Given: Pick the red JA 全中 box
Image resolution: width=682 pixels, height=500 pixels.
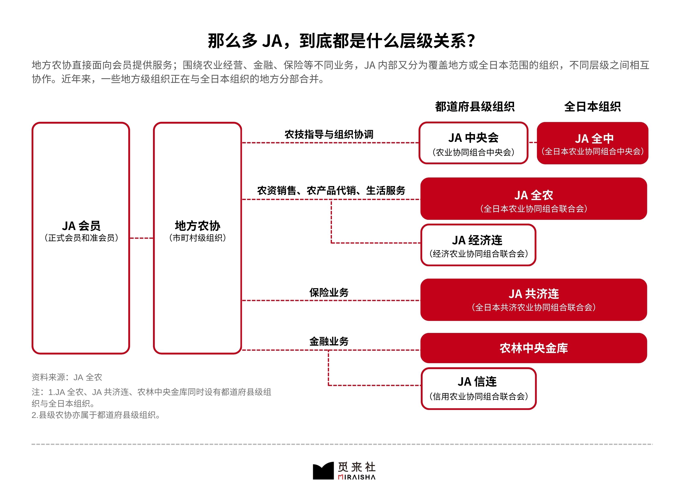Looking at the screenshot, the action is click(592, 143).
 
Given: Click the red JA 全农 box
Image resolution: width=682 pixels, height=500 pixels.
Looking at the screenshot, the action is click(534, 199).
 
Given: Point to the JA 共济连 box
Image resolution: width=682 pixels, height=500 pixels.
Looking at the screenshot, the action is click(534, 300).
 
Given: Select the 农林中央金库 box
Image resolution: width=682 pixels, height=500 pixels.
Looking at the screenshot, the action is click(534, 348).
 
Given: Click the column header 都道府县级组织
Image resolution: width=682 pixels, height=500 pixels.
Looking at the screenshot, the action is click(475, 107).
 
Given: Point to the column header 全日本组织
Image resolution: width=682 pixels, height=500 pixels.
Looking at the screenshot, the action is click(592, 107).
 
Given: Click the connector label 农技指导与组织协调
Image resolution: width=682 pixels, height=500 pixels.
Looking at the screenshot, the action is click(329, 134).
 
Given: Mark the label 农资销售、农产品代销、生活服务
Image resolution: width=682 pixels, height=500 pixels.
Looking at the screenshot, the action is click(331, 191).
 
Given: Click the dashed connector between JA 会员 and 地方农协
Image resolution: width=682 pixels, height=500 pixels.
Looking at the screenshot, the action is click(142, 238).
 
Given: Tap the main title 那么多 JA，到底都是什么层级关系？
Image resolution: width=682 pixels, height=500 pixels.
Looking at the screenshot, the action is click(341, 41).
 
